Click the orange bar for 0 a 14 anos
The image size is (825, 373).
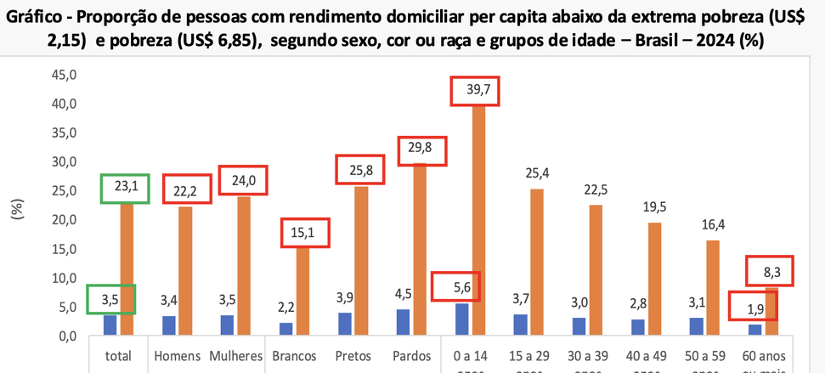click(478, 221)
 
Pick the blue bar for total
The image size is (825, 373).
click(110, 325)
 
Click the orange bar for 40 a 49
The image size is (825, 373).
click(653, 280)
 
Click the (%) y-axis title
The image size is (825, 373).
click(16, 209)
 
